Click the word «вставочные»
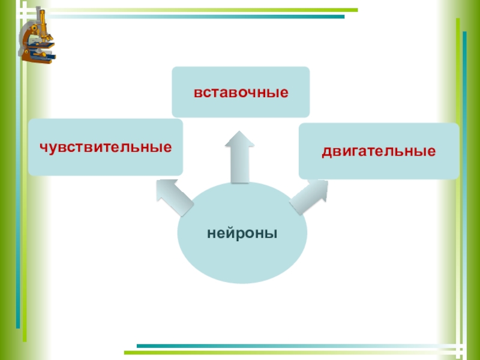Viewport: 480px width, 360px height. coord(241,92)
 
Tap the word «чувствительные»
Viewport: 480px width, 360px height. coord(106,147)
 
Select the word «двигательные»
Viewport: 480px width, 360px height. coord(379,151)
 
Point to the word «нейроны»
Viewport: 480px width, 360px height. coord(242,233)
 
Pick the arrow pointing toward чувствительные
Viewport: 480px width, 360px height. coord(173,198)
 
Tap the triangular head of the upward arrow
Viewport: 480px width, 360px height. coord(240,140)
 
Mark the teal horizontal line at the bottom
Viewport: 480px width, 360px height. coord(300,346)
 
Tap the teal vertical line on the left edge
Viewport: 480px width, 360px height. coord(18,180)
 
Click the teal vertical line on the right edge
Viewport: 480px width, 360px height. coord(464,180)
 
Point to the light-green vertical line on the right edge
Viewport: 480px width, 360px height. coord(458,180)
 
